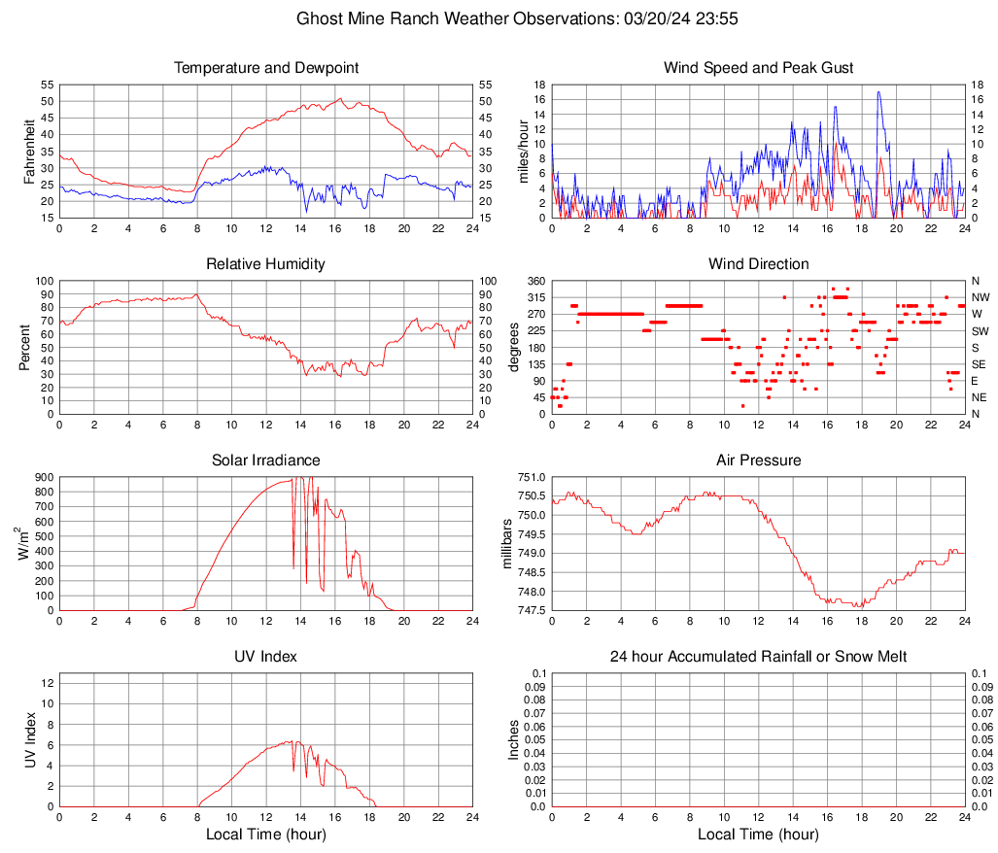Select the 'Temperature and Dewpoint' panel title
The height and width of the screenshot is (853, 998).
(x=266, y=68)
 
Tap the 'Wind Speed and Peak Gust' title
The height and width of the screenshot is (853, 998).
(x=758, y=68)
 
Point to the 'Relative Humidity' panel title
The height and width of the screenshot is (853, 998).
(x=266, y=264)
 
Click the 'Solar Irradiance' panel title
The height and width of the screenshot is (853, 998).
(x=266, y=461)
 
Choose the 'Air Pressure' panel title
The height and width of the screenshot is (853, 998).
(x=758, y=461)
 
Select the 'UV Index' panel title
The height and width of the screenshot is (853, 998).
(x=266, y=657)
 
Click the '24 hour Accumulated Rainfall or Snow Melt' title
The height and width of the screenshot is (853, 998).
(x=758, y=657)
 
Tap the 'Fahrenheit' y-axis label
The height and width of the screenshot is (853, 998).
(x=29, y=151)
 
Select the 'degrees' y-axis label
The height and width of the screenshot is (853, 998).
(x=514, y=347)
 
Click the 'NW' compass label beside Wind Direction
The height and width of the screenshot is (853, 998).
(x=981, y=297)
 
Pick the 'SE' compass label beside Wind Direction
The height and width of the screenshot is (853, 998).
(x=979, y=364)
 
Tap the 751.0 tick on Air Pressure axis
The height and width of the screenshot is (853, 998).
(x=532, y=477)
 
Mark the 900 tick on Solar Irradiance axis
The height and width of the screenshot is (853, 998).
(x=45, y=477)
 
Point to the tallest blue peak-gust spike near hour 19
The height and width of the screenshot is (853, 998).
(x=878, y=92)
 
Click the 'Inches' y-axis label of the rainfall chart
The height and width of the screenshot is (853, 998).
(x=514, y=740)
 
